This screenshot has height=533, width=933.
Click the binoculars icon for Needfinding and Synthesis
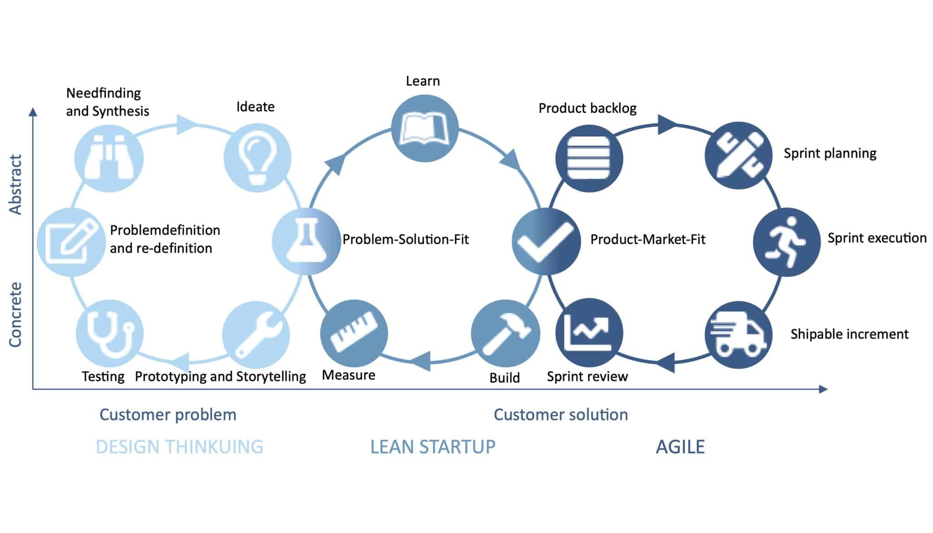click(109, 158)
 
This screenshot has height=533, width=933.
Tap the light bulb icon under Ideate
click(257, 158)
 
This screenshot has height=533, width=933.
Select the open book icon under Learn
click(425, 128)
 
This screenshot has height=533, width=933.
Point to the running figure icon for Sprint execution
click(787, 242)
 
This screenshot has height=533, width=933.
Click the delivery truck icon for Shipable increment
click(738, 335)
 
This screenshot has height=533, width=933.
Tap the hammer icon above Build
click(505, 333)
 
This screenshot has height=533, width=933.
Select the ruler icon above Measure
click(354, 333)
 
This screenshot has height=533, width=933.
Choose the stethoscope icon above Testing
click(109, 333)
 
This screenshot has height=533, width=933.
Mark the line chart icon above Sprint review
click(589, 333)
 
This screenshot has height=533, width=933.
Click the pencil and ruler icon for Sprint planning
click(738, 155)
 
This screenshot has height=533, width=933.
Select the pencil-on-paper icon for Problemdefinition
click(71, 242)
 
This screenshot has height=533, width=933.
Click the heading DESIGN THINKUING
click(179, 447)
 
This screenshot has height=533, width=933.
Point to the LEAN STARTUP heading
click(432, 447)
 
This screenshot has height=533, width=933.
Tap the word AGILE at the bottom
click(680, 447)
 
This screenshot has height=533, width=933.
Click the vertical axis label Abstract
click(16, 184)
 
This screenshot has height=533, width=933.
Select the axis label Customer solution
click(560, 415)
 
